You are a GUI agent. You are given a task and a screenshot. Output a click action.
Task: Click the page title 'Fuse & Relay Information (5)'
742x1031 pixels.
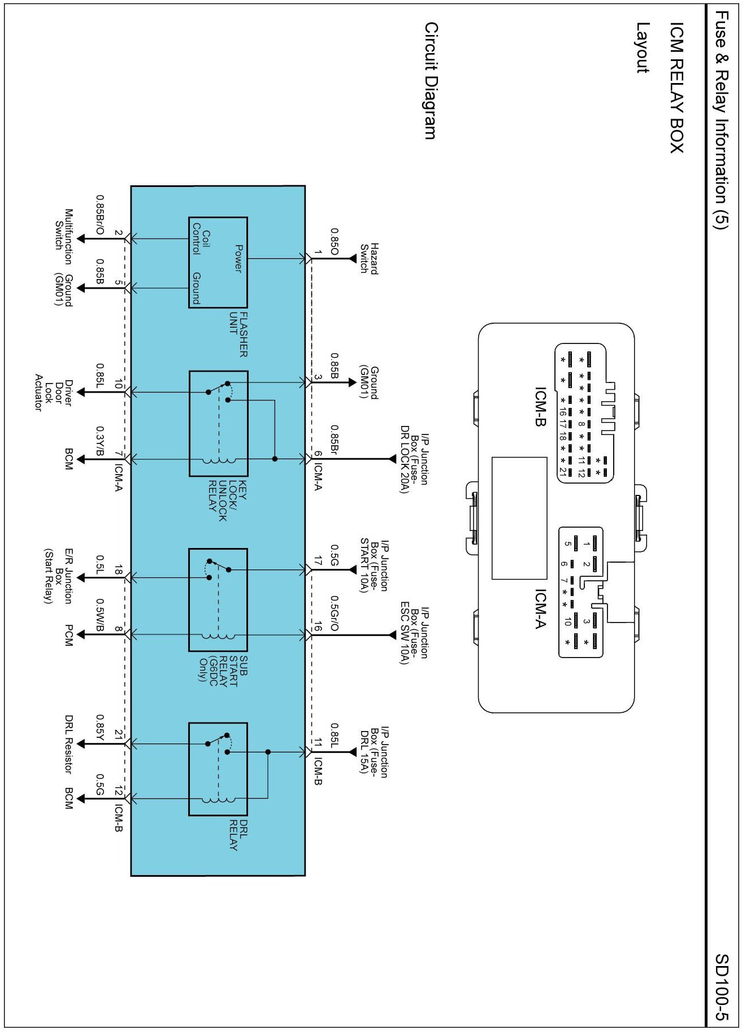point(722,120)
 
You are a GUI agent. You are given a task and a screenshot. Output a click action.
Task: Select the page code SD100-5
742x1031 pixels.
point(722,988)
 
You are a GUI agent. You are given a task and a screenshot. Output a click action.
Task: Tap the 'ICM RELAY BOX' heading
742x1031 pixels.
point(676,88)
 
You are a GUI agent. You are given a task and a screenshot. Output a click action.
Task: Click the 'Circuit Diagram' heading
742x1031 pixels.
point(431,81)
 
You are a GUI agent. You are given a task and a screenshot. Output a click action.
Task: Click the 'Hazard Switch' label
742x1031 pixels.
point(370,259)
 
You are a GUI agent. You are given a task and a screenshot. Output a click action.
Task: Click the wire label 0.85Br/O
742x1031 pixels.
point(100,215)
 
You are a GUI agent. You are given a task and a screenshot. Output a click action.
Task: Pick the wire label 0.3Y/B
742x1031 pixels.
point(100,441)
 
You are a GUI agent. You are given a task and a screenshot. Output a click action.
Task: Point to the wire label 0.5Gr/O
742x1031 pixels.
point(335,614)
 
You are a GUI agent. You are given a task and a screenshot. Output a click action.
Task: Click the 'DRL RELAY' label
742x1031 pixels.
point(238,836)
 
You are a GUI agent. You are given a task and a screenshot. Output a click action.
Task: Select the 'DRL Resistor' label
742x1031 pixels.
point(68,745)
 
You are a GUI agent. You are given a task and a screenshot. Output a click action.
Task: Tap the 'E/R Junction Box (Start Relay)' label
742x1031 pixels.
point(58,576)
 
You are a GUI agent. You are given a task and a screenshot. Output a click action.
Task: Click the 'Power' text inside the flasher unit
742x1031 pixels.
point(238,259)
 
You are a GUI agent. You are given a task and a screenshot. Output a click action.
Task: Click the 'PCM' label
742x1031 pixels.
point(68,635)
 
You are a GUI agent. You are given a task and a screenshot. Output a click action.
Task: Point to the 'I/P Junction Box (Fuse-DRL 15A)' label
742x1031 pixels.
point(374,752)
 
